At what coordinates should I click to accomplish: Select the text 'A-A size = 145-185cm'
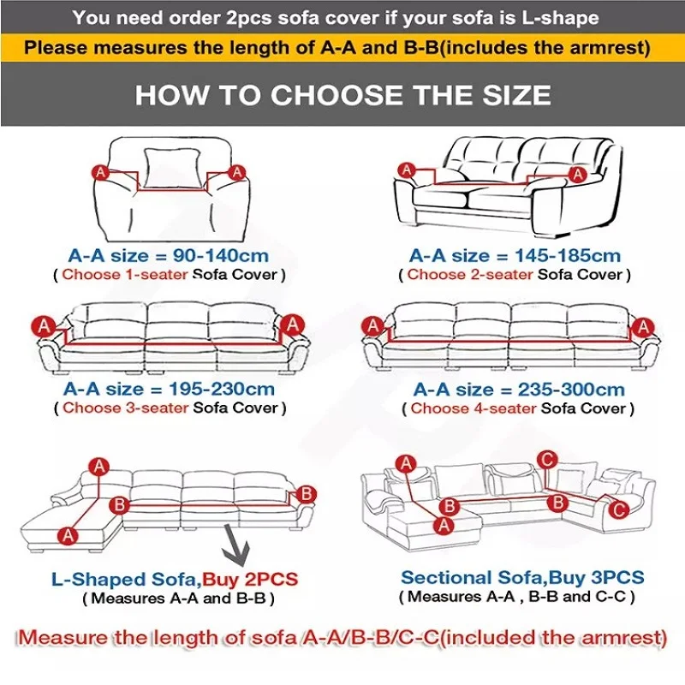tap(515, 255)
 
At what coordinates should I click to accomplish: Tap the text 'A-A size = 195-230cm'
tap(169, 389)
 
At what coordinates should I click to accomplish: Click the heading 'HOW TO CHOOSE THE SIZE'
tap(342, 94)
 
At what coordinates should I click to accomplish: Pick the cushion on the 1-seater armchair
tap(169, 168)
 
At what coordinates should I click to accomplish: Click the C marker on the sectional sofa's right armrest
tap(618, 508)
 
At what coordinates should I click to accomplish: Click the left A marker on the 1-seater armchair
tap(100, 172)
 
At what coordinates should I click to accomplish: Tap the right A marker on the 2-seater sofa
tap(578, 175)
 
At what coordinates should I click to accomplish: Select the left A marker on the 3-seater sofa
tap(44, 325)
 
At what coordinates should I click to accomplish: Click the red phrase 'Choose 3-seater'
tap(125, 408)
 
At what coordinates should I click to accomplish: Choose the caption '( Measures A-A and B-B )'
tap(178, 599)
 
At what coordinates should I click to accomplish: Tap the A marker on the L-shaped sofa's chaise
tap(68, 534)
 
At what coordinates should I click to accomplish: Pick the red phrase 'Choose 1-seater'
tap(125, 275)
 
